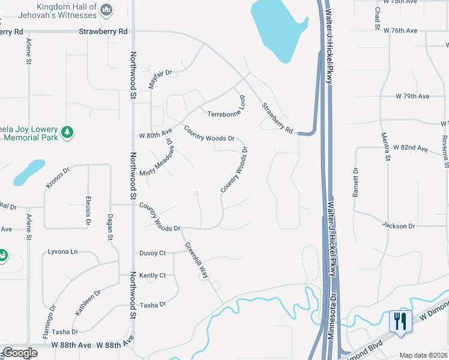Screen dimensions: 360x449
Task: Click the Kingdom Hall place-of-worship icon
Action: coord(106,9)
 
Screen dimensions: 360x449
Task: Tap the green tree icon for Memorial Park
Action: coord(68,131)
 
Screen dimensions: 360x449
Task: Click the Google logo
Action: coord(20,353)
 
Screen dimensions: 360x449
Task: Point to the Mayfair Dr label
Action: coord(160,79)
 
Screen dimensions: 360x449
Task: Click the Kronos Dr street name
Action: coord(58,179)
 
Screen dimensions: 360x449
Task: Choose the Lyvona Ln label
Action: coord(64,252)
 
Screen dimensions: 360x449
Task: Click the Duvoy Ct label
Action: coord(152,253)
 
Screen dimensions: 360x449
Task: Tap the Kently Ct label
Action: coord(152,275)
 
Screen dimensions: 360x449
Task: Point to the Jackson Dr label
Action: coord(399,226)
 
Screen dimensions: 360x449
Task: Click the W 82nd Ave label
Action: coord(411,148)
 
